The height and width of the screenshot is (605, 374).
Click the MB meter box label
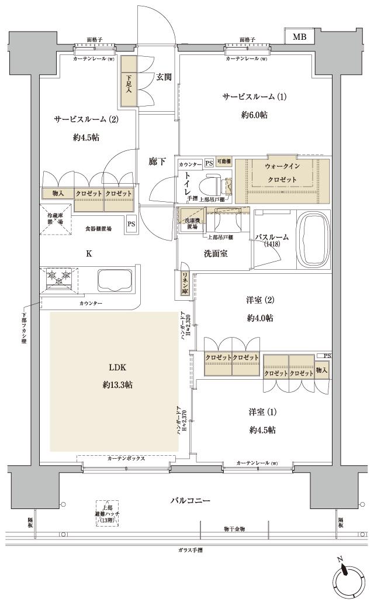coord(299,37)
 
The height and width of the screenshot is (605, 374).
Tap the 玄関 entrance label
coord(164,76)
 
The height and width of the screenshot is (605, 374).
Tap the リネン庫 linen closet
coord(184,283)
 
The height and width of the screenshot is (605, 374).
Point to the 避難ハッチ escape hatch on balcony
coord(107,513)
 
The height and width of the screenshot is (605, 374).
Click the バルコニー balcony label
coord(190,501)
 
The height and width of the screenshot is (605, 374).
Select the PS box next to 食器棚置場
coord(131,222)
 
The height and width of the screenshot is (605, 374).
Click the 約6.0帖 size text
coord(255,115)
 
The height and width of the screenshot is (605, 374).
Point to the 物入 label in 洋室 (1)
coord(321,369)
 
